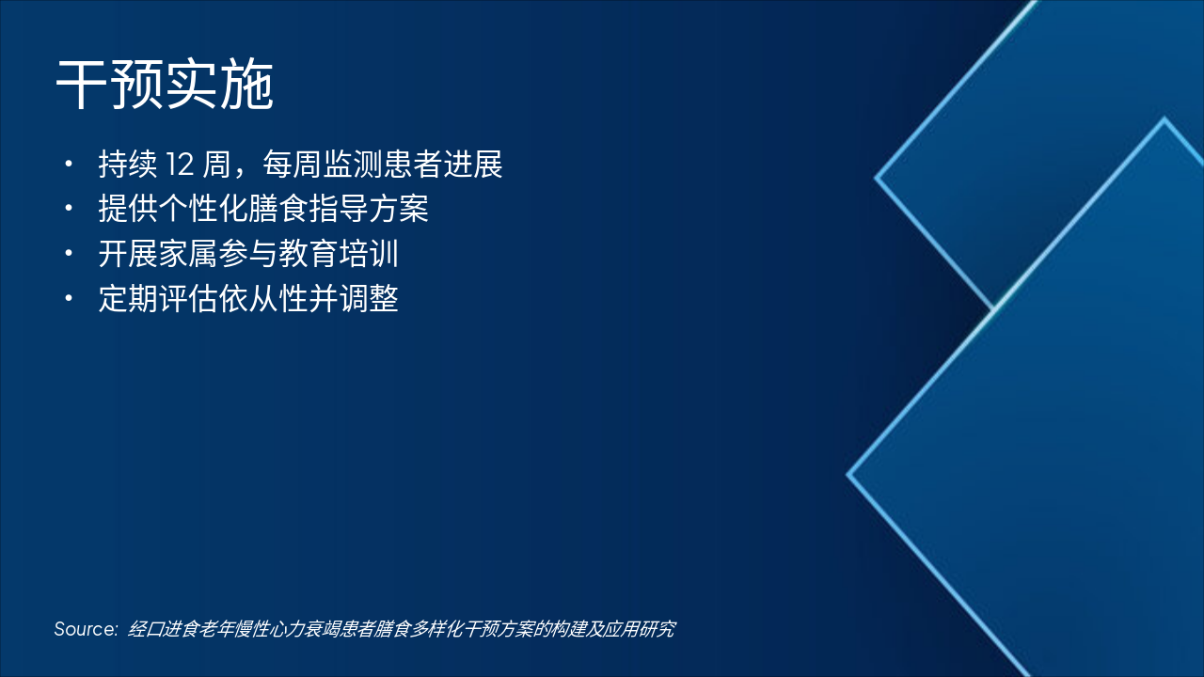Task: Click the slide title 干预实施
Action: tap(165, 87)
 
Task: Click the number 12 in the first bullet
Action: tap(179, 165)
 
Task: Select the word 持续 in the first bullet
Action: tap(127, 165)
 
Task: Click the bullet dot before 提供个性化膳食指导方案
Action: tap(68, 209)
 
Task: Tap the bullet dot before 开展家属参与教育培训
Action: tap(68, 254)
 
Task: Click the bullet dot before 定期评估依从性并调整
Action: tap(68, 299)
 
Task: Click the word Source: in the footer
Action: tap(86, 629)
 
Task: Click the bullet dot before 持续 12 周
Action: tap(68, 165)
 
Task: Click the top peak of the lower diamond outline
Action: tap(1164, 119)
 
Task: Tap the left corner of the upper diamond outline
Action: tap(877, 177)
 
